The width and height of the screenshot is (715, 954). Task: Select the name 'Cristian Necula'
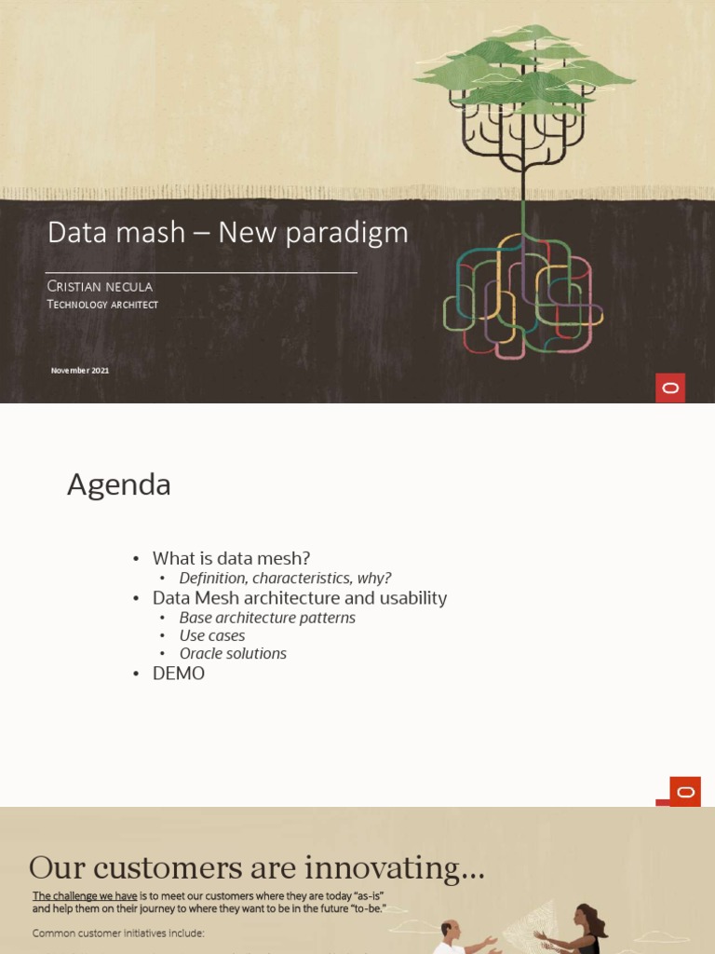click(100, 286)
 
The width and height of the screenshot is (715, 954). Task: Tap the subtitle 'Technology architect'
click(102, 305)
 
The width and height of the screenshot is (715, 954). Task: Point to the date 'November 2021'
click(80, 371)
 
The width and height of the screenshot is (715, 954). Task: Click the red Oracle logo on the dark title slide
click(670, 388)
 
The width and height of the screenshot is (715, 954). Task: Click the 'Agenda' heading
click(119, 485)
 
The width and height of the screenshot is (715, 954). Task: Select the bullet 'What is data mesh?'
click(231, 558)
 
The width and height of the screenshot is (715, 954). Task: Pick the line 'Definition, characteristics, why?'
click(285, 579)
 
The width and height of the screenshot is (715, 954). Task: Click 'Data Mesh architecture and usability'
click(300, 598)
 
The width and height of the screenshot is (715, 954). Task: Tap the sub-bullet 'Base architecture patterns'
click(267, 618)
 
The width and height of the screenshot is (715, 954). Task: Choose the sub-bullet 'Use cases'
click(212, 635)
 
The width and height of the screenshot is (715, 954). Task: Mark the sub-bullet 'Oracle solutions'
click(233, 654)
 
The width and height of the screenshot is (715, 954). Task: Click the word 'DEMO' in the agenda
click(179, 674)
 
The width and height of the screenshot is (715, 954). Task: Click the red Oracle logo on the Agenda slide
click(685, 792)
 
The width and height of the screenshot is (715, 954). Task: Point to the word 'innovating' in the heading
click(389, 868)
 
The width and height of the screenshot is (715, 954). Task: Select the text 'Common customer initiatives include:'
click(118, 933)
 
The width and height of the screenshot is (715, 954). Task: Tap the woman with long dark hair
click(587, 928)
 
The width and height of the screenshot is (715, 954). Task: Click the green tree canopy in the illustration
click(524, 70)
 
